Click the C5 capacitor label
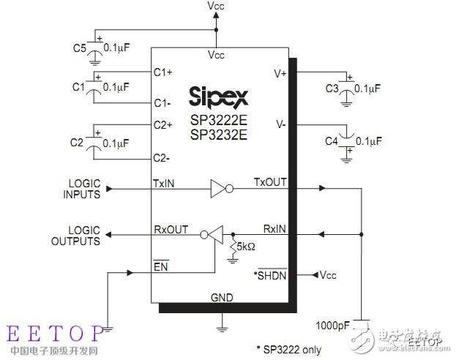click(x=79, y=49)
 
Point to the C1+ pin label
click(x=162, y=72)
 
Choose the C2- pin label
click(x=162, y=157)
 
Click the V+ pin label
click(x=279, y=72)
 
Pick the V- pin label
click(x=280, y=124)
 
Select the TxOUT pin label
click(x=269, y=181)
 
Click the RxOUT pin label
click(x=171, y=229)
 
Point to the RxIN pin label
click(x=274, y=229)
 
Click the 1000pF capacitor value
click(x=333, y=323)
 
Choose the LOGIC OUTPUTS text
click(x=75, y=236)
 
